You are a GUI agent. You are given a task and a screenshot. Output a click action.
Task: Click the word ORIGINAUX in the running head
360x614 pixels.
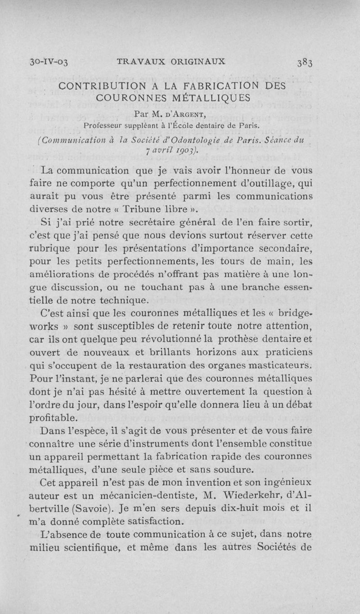198,62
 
